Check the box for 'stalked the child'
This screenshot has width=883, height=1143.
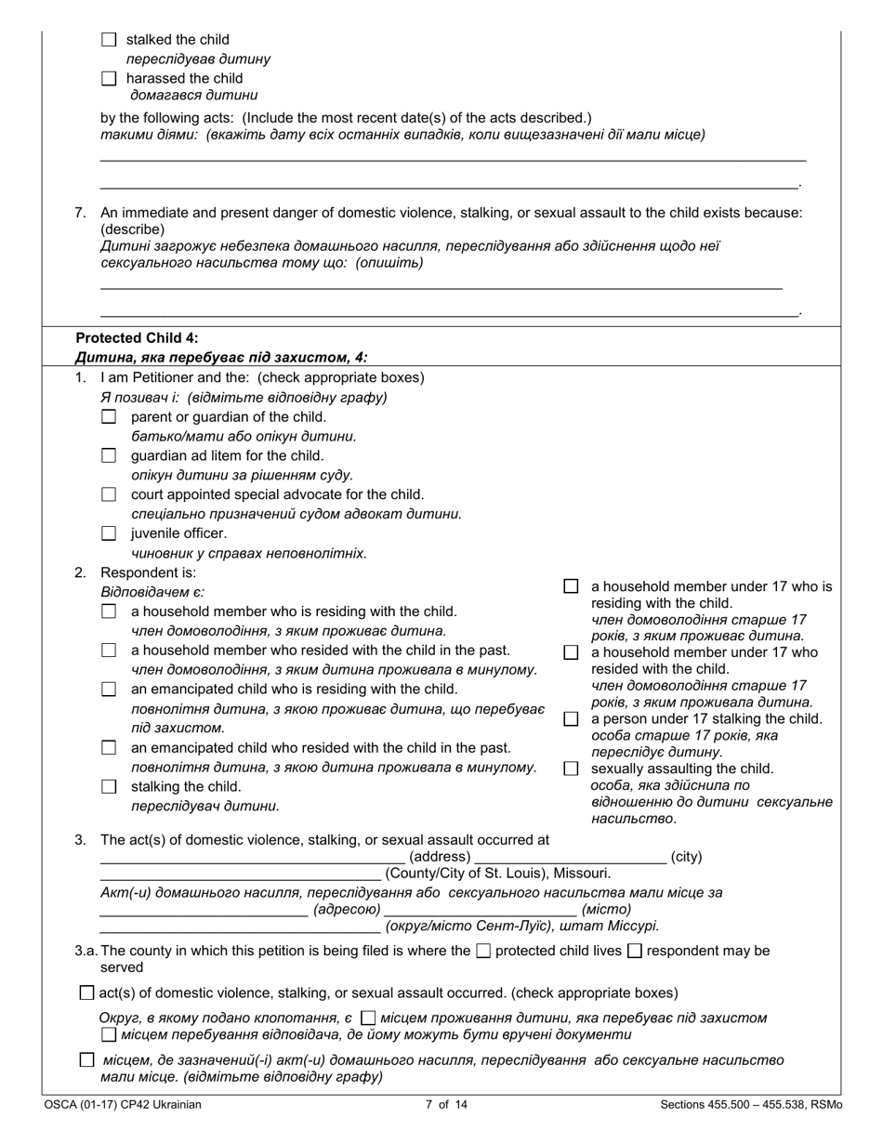pos(109,40)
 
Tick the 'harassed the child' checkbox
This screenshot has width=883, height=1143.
pos(109,79)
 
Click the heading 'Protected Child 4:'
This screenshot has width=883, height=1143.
pos(137,338)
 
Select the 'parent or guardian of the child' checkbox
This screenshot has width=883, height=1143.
pos(109,417)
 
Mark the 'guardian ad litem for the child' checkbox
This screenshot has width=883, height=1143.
pos(109,455)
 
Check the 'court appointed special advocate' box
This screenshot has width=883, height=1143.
pos(109,494)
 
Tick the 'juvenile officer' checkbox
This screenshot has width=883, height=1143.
pos(109,533)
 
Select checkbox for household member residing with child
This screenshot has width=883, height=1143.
pos(109,611)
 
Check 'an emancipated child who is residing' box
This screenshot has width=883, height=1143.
pos(109,690)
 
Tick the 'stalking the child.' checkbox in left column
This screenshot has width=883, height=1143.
pos(109,787)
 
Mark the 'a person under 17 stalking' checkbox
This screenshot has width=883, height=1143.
pos(571,719)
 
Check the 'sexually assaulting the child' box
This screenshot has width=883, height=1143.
pos(571,769)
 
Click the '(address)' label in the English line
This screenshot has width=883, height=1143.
pos(440,857)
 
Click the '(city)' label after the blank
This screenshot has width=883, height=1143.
pos(686,857)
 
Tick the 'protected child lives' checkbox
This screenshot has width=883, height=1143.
pos(482,951)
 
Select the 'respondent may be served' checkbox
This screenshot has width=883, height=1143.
pos(635,951)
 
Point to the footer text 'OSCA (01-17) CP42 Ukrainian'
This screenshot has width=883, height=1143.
pos(122,1105)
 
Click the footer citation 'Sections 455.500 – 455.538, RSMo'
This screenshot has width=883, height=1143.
pos(751,1105)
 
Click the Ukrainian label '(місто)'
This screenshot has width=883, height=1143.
pos(606,909)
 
